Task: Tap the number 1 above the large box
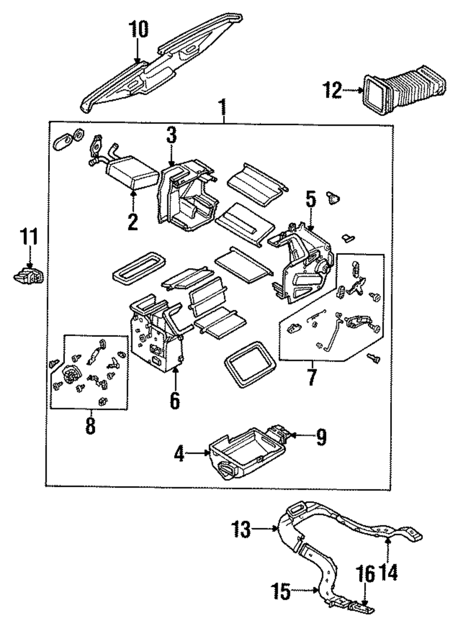point(223,108)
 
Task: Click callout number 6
point(174,400)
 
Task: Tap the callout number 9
point(321,437)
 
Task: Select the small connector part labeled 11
point(29,276)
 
